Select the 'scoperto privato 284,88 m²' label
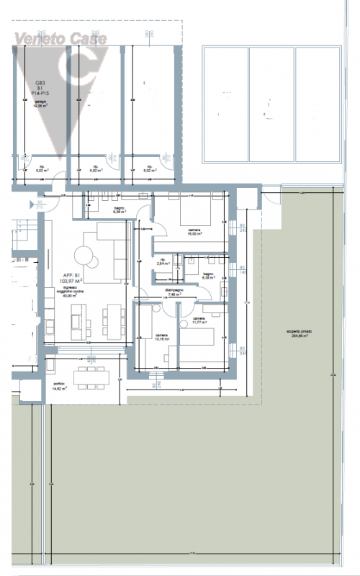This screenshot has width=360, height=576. [x=300, y=333]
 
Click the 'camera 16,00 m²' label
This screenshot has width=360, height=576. [x=194, y=231]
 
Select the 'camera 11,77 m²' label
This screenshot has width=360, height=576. [x=199, y=320]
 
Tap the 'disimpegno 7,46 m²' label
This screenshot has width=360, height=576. [x=172, y=292]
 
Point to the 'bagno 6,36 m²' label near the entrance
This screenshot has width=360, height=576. [x=119, y=211]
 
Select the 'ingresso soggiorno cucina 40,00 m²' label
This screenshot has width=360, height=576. [x=70, y=291]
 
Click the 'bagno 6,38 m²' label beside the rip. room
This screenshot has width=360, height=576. [x=207, y=276]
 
